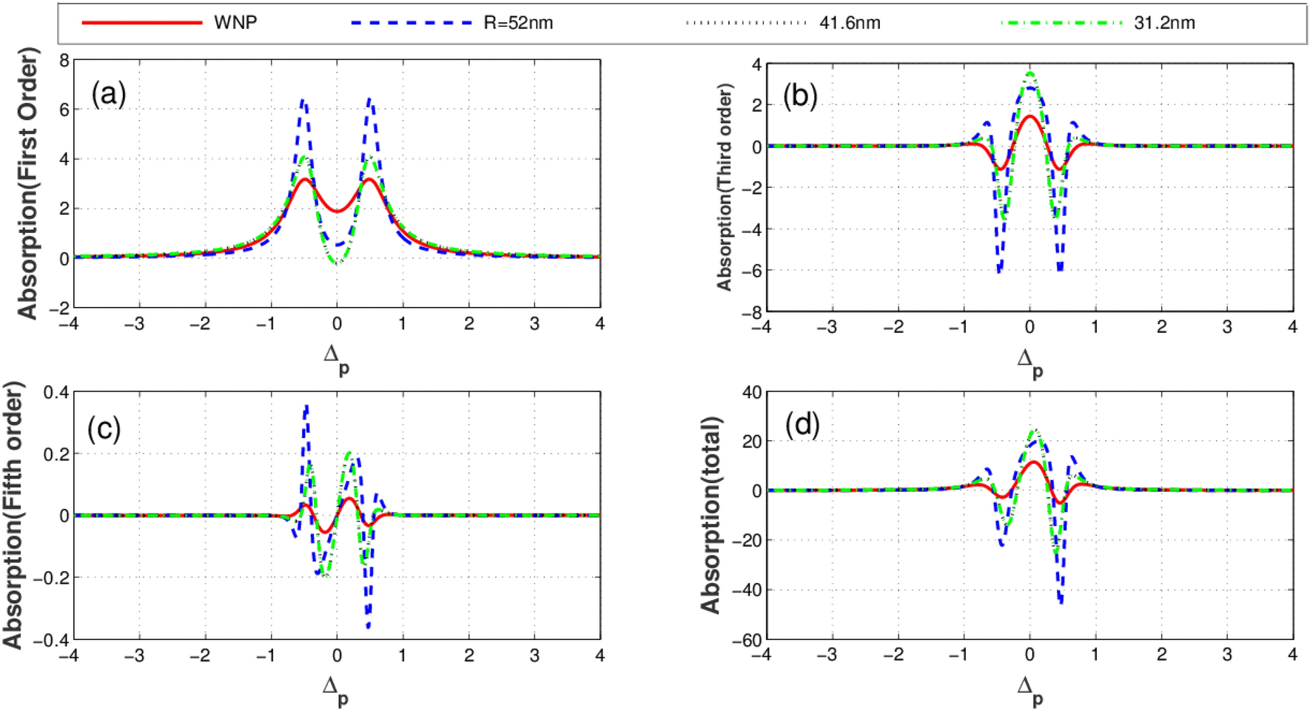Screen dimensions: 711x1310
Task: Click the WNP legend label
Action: coord(235,23)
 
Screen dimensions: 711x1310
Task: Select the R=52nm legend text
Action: coord(518,23)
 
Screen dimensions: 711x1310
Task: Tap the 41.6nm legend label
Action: coord(850,23)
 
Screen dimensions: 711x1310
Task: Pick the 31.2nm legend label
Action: coord(1164,23)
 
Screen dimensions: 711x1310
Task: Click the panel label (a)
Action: coord(108,94)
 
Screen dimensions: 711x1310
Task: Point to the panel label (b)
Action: coord(800,96)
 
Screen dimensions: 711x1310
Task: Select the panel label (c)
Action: coord(104,428)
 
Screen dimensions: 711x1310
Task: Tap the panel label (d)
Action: coord(802,425)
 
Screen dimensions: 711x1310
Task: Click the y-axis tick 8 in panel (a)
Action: coord(64,61)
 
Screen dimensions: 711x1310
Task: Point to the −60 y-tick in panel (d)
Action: coord(748,640)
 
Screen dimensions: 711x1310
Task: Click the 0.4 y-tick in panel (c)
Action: coord(56,392)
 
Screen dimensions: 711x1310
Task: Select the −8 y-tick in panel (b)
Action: coord(751,313)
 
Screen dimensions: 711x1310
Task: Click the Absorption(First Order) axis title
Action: coord(27,183)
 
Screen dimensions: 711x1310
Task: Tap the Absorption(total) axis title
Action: coord(711,515)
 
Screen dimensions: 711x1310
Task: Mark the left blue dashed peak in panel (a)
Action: coord(303,101)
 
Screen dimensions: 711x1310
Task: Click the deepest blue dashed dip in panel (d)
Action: coord(1061,602)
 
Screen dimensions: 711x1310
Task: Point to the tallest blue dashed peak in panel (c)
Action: coord(306,406)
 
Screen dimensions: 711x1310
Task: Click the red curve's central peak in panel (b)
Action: coord(1029,116)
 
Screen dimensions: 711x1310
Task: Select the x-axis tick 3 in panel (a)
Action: coord(534,324)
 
